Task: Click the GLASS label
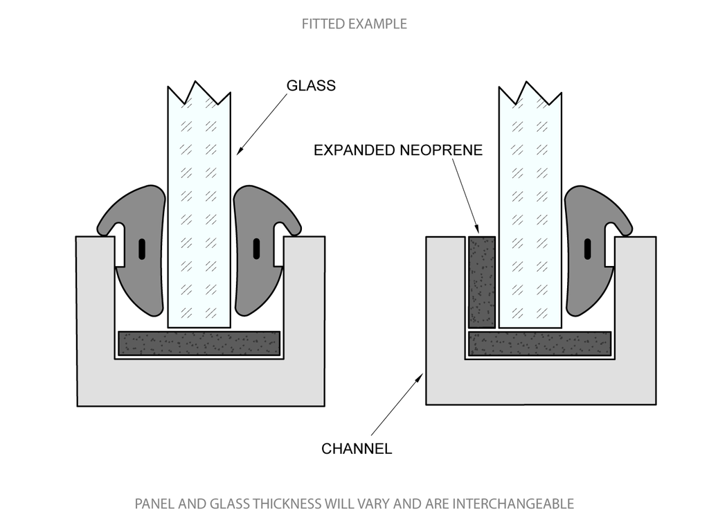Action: click(x=311, y=86)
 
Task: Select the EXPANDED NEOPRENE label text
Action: click(x=398, y=150)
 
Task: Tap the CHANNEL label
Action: click(x=357, y=448)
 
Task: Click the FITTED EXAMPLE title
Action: click(x=354, y=24)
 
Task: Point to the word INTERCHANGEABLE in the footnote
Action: click(x=513, y=504)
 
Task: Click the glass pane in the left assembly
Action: click(x=199, y=208)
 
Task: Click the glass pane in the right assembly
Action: click(x=530, y=208)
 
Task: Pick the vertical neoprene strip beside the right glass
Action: click(x=482, y=281)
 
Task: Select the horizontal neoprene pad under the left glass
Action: click(x=199, y=343)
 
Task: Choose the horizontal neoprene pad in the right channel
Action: click(x=540, y=343)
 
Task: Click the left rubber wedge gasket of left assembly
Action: click(x=136, y=249)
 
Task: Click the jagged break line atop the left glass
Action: click(x=199, y=93)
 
